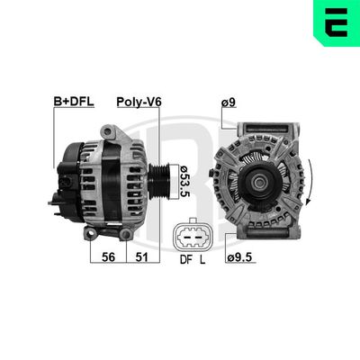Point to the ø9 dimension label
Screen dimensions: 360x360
[229, 103]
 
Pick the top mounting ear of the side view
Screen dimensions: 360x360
[110, 131]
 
